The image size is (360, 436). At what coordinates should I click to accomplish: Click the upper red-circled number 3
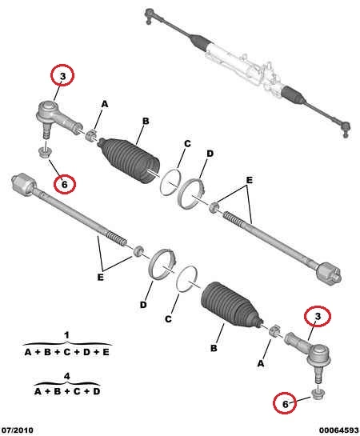click(x=62, y=75)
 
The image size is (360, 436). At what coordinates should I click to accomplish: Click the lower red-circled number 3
click(x=318, y=317)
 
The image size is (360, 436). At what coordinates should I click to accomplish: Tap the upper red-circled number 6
click(x=65, y=184)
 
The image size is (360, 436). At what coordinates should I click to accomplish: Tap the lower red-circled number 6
click(x=285, y=404)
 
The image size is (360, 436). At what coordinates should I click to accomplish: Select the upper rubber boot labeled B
click(x=130, y=160)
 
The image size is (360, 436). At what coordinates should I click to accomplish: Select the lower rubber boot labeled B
click(x=231, y=304)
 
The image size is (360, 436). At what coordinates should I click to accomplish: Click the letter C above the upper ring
click(x=187, y=143)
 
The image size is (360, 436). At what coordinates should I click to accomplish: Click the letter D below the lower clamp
click(x=143, y=305)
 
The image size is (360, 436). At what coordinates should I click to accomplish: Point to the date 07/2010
click(x=18, y=430)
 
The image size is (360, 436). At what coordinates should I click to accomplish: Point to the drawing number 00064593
click(x=338, y=430)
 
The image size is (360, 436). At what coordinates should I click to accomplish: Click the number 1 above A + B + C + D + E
click(x=66, y=335)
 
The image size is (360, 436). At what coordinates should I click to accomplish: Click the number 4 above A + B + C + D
click(x=66, y=376)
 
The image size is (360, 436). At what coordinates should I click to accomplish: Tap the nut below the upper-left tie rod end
click(x=45, y=152)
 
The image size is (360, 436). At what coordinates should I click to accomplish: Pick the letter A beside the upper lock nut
click(x=104, y=104)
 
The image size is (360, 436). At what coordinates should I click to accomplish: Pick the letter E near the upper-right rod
click(x=249, y=180)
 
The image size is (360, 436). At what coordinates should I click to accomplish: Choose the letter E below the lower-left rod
click(x=100, y=278)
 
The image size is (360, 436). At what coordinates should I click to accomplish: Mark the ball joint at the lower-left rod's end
click(x=22, y=183)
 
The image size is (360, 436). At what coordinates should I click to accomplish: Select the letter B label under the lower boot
click(x=214, y=348)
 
